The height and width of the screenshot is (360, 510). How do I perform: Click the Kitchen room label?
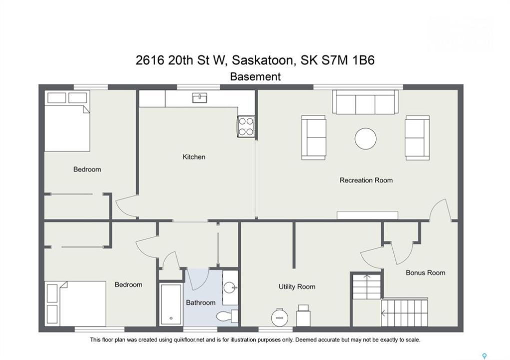[194, 157]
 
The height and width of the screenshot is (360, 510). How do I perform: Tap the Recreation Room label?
[366, 180]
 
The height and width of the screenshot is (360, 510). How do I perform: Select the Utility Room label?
[297, 286]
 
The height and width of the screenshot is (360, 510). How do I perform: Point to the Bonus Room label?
[425, 273]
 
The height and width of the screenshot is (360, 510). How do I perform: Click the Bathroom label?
[201, 302]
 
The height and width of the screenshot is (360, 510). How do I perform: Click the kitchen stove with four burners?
[246, 126]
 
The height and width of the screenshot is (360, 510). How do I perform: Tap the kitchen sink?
[199, 98]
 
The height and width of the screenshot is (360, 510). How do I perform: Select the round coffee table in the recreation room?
[365, 138]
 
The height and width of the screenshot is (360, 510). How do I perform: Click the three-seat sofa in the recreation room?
[365, 102]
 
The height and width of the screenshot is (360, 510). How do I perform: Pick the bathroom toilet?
[227, 315]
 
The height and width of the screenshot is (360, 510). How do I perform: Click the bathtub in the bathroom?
[171, 303]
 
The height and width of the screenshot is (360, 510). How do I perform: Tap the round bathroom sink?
[230, 287]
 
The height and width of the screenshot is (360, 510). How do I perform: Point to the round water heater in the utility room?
[280, 317]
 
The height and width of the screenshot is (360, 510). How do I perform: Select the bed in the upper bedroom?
[67, 121]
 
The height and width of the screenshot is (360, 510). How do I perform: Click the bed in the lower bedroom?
[76, 303]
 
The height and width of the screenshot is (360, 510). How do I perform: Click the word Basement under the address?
[255, 76]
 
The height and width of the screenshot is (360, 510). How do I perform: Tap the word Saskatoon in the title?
[264, 60]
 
